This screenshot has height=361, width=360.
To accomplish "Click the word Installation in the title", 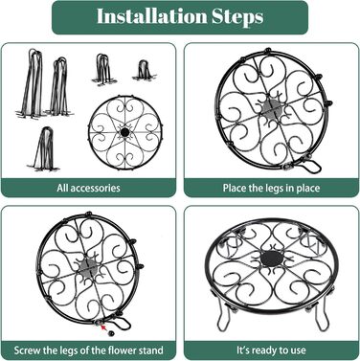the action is coord(152,16).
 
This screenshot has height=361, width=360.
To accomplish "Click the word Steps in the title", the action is coord(237,17).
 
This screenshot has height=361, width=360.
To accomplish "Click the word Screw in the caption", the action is coord(27,350).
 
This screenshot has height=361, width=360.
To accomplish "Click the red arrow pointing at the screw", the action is coord(103,327).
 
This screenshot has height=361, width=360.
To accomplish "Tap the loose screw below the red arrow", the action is coord(111,333).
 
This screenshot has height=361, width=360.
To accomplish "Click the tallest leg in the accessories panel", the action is coord(31,83).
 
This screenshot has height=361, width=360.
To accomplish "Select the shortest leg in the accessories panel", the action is coord(145,71).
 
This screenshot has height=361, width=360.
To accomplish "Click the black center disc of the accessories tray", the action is coord(125,132).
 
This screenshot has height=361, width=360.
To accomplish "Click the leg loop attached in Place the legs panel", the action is coord(311,166).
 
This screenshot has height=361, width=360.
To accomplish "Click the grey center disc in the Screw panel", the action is coord(88,266).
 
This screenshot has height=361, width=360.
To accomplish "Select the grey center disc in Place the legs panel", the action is coord(272,109).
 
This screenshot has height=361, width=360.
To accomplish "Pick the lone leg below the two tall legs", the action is coord(45,149).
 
